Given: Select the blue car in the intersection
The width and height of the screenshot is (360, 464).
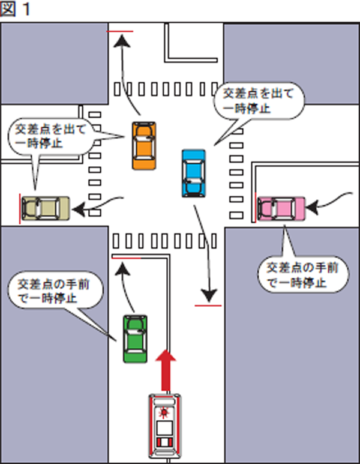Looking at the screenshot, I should click(x=193, y=173).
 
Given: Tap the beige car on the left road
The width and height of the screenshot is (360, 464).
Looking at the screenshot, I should click(x=46, y=208).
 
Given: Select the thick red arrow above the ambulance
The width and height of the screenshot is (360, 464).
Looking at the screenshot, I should click(x=166, y=369).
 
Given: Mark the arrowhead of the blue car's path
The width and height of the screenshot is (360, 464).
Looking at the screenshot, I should click(x=209, y=295).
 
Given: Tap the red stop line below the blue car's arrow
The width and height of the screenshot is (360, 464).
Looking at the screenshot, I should click(x=209, y=306).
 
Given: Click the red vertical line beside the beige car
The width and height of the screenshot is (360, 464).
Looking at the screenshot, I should click(x=20, y=208).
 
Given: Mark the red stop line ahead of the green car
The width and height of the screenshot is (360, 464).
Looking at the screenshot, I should click(x=127, y=257).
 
